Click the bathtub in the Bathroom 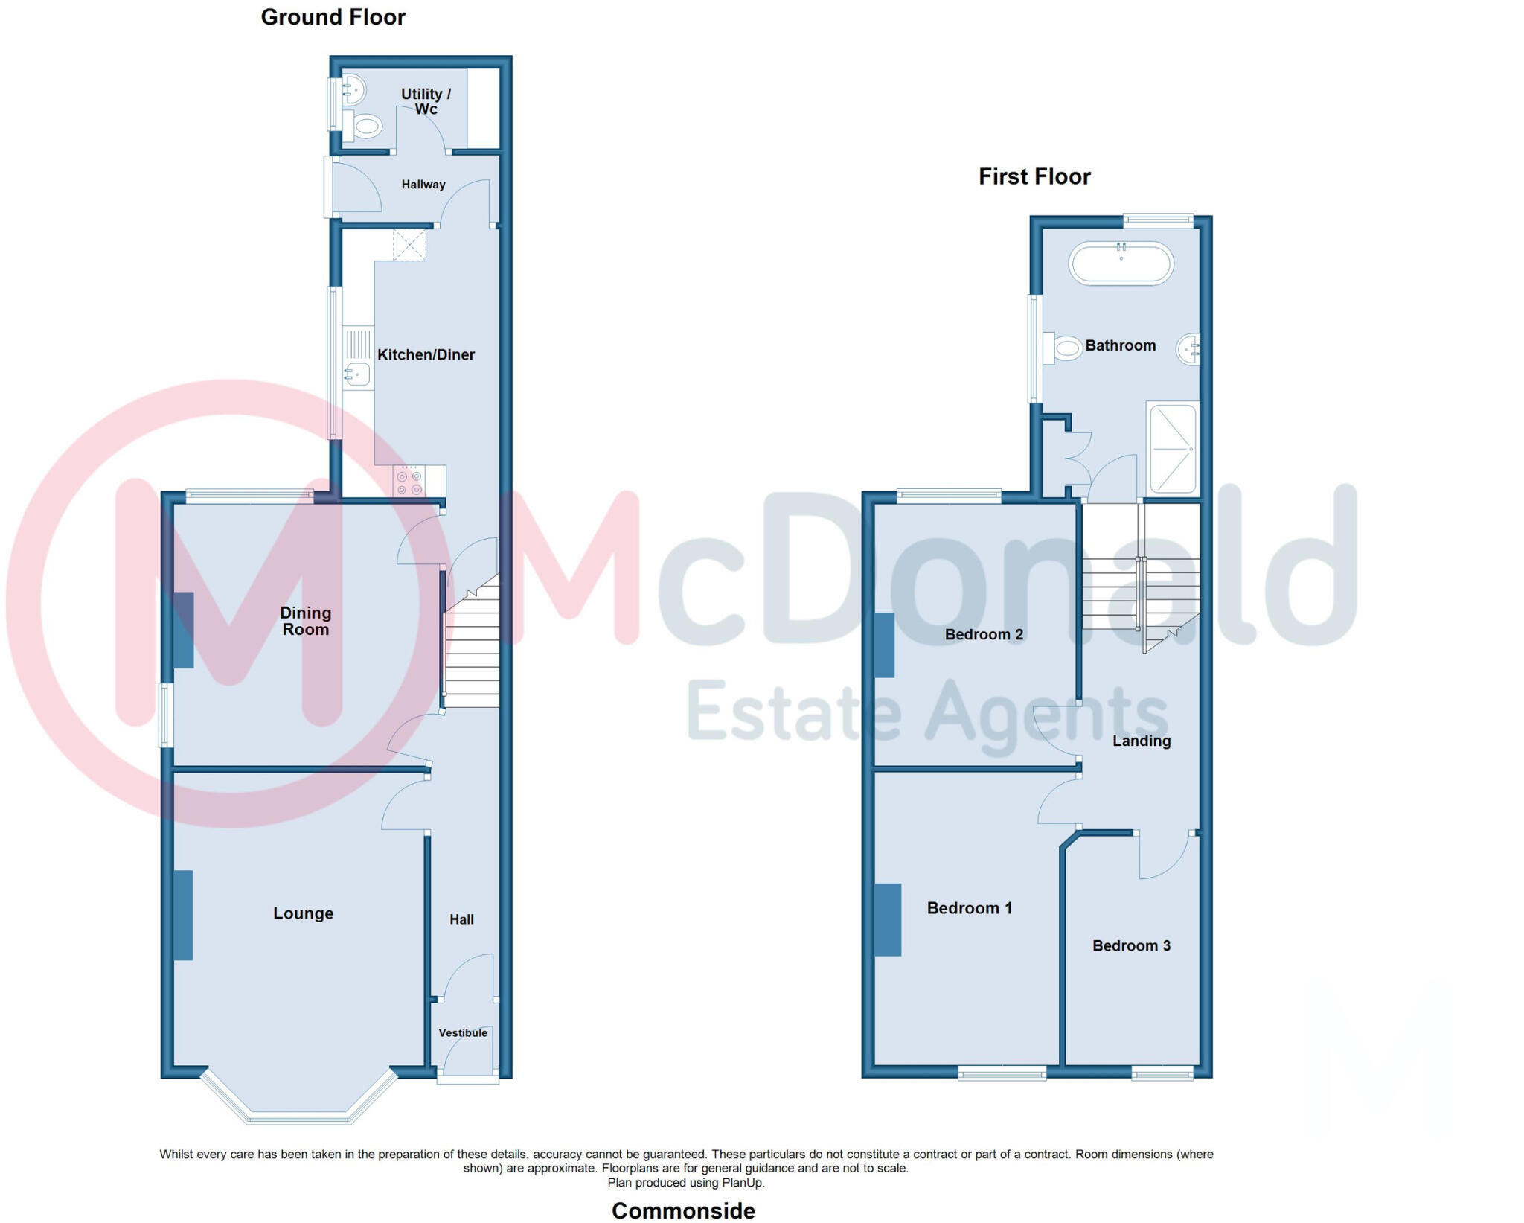(1121, 263)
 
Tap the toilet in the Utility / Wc (364, 126)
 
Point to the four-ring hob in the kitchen (409, 482)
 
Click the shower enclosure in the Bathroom (1173, 448)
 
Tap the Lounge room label (303, 913)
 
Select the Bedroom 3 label (1131, 945)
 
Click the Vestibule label (463, 1032)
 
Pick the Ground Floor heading (333, 17)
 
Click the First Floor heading (1034, 176)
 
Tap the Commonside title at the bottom (683, 1211)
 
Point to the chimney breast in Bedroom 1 (888, 919)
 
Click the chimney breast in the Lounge (183, 915)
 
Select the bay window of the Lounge (298, 1117)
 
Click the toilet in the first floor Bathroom (1064, 348)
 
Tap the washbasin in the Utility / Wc (353, 91)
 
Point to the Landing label (1142, 741)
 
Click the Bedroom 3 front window (1162, 1073)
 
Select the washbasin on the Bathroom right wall (1188, 349)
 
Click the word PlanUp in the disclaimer (743, 1183)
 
